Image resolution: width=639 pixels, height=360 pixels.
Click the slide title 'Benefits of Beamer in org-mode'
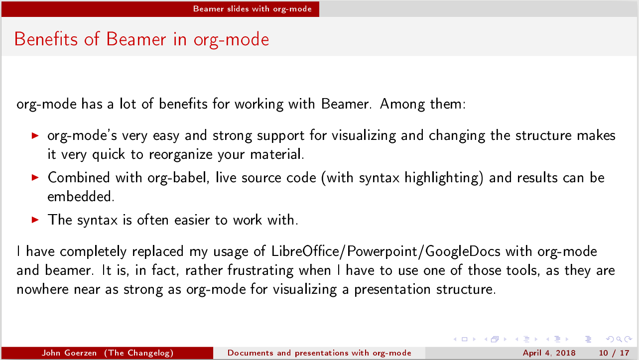(141, 39)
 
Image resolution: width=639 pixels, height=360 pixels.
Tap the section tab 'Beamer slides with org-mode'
(252, 8)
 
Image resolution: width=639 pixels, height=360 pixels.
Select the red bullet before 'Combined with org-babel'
(35, 177)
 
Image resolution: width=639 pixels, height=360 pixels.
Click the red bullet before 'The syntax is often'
(35, 220)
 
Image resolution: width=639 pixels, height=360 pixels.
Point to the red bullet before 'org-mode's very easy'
(35, 135)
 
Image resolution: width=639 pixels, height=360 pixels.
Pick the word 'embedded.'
(81, 197)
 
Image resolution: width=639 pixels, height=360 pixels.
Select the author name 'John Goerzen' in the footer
(71, 353)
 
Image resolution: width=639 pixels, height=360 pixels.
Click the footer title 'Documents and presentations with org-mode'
(319, 353)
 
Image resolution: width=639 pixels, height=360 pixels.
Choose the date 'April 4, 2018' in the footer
(549, 353)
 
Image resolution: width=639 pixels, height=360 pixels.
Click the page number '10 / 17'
(614, 353)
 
